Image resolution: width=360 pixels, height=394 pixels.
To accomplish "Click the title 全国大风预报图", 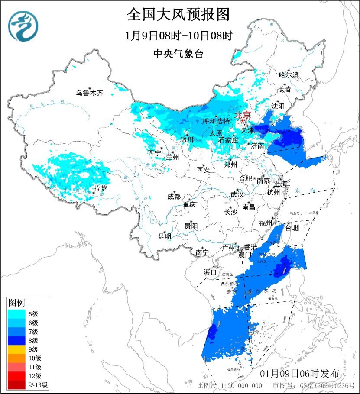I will click(178, 15).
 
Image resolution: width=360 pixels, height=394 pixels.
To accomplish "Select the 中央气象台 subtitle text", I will click(178, 54).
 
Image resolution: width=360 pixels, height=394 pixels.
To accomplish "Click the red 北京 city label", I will click(242, 115).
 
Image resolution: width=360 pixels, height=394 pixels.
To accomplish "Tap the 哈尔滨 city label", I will click(289, 75).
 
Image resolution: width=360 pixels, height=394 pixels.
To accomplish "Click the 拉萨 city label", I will click(100, 188).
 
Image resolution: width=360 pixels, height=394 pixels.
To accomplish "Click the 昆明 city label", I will click(165, 236).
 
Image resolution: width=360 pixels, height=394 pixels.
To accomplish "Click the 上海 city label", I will click(281, 184).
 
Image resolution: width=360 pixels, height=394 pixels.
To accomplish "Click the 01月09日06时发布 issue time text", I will click(303, 374).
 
